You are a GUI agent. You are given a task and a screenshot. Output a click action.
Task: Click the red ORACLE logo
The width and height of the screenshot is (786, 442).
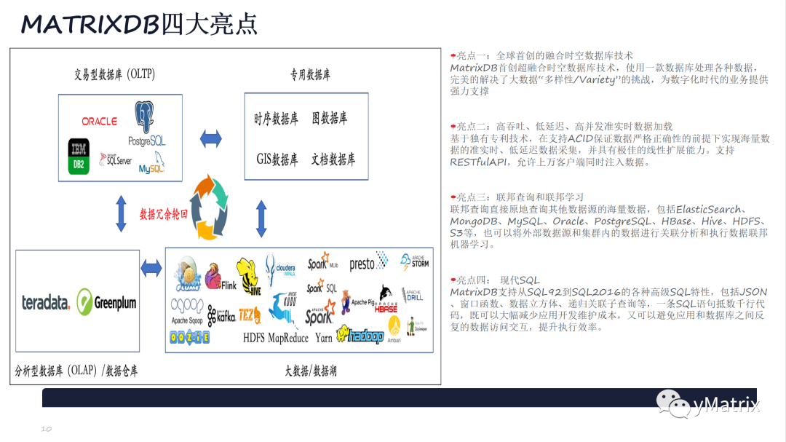99,121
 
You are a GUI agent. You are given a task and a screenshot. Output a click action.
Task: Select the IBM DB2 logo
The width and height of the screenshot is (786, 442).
79,156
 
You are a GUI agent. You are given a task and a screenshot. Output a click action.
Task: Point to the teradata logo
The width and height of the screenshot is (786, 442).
46,302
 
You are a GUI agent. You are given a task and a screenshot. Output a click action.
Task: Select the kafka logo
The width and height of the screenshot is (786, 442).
221,315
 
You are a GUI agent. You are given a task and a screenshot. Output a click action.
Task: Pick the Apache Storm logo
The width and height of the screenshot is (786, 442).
414,261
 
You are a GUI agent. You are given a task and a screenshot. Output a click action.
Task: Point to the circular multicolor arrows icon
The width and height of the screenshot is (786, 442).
213,207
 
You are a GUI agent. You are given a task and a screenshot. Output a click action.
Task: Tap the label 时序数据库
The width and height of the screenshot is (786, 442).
276,119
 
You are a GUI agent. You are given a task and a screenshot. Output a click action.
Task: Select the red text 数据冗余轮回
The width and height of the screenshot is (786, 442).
164,215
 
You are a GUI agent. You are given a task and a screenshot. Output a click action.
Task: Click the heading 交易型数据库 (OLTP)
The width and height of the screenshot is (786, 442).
114,74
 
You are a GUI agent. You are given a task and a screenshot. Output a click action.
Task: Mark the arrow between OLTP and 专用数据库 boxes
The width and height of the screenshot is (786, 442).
211,137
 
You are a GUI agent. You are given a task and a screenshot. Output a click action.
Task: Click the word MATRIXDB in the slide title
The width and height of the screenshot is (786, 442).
90,25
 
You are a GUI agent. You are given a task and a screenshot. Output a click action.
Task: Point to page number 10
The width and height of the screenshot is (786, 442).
46,429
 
